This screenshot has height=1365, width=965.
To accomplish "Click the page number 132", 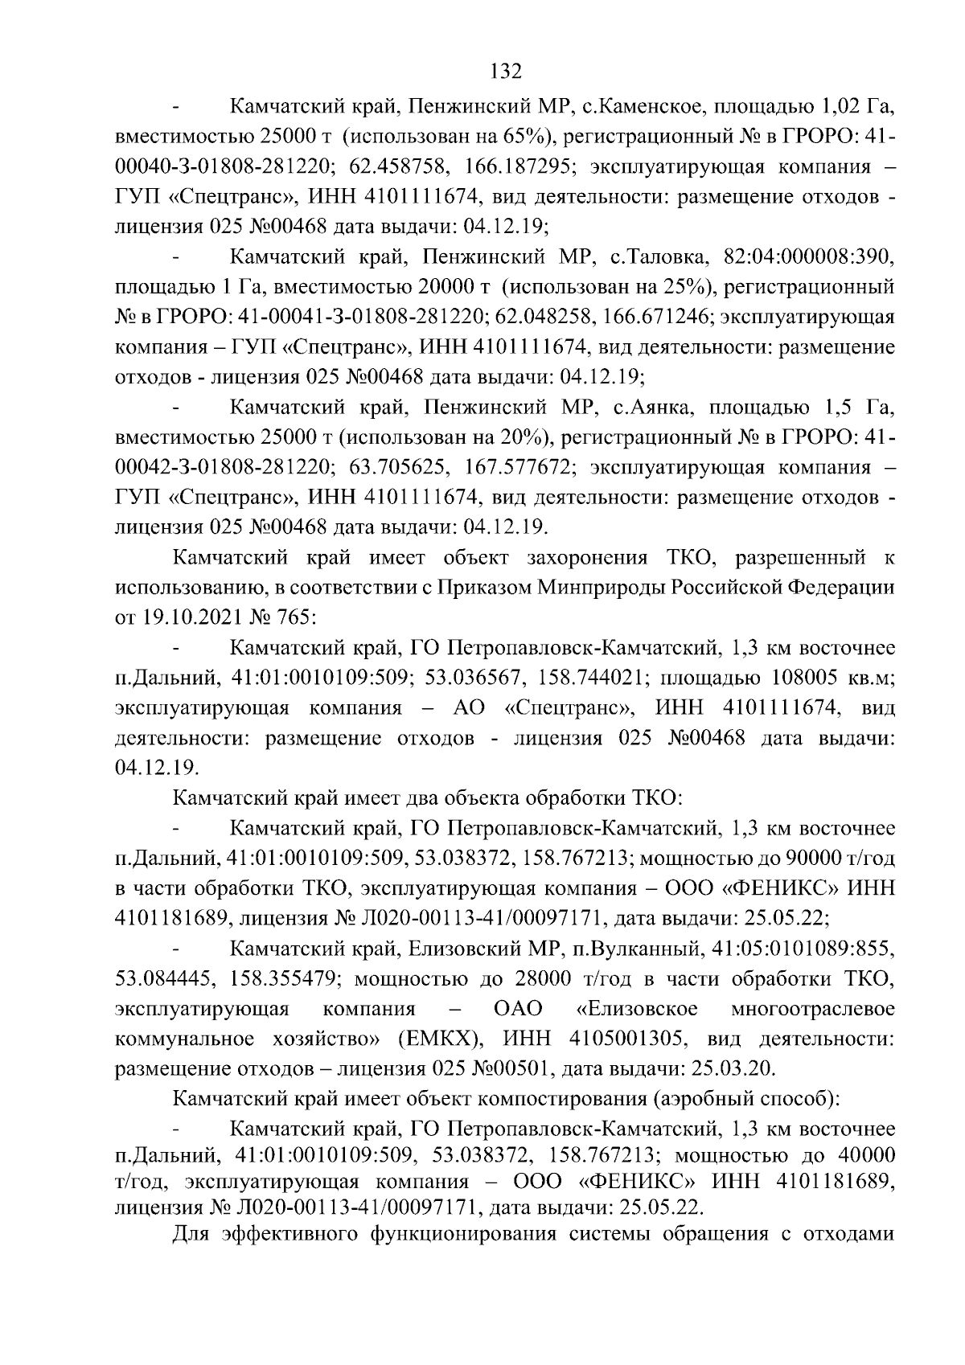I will (x=506, y=71).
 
